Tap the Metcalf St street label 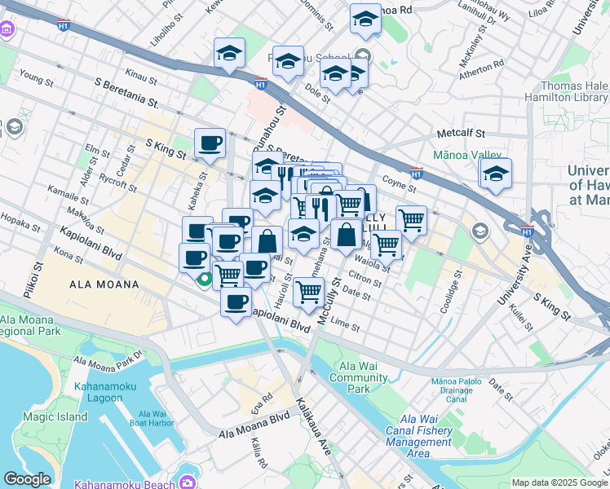461,133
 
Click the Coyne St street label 398,184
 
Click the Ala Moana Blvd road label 254,430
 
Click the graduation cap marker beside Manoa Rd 365,19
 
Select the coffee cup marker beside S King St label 210,143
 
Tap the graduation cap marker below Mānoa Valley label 495,174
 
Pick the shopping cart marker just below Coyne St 411,219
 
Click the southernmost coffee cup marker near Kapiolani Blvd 236,302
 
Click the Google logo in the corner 28,479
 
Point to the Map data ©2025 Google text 559,482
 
